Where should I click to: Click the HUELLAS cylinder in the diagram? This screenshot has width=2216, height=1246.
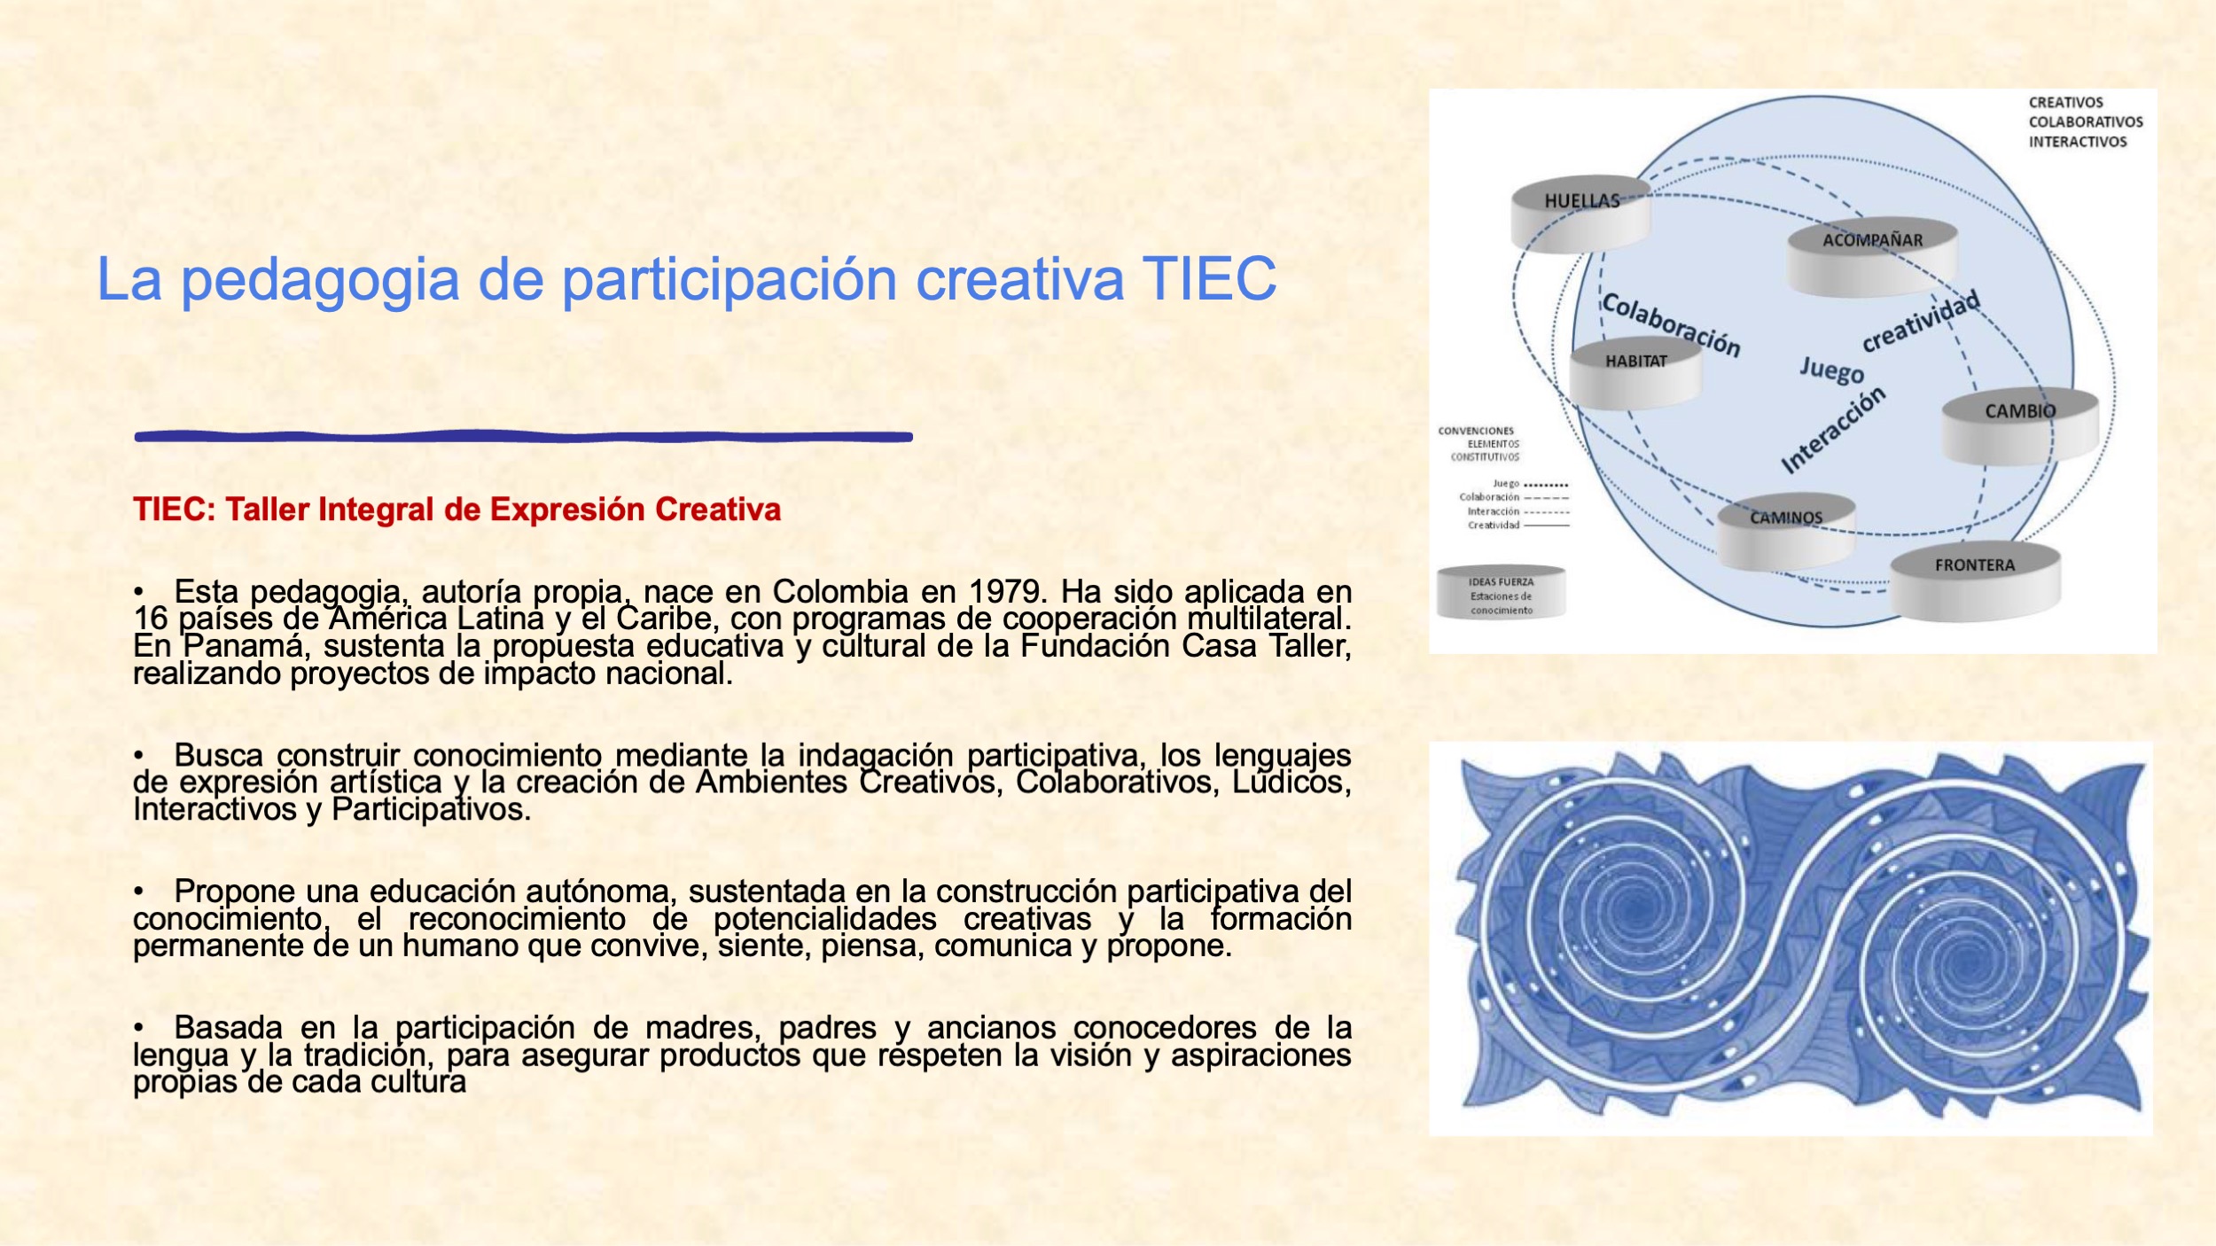pos(1580,214)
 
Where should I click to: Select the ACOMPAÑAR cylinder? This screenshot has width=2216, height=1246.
pos(1872,256)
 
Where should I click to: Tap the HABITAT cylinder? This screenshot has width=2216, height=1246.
pos(1635,374)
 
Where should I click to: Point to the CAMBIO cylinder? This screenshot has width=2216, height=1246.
pos(2020,425)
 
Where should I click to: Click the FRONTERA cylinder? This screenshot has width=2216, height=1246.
pos(1975,581)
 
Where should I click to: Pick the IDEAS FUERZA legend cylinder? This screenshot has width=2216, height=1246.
pos(1501,592)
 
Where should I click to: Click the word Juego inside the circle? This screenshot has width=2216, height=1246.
pos(1831,370)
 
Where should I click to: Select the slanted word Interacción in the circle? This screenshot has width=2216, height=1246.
pos(1833,430)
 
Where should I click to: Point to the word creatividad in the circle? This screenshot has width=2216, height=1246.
pos(1921,321)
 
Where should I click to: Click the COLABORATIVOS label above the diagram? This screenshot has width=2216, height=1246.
pos(2086,122)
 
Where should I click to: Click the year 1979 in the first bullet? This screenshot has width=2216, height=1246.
pos(1008,591)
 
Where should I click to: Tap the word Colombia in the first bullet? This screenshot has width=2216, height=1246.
pos(840,591)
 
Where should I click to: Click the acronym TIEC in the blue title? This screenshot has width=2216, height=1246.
pos(1209,278)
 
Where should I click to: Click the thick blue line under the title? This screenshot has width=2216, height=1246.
pos(524,436)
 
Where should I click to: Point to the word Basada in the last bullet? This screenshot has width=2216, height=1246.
pos(228,1027)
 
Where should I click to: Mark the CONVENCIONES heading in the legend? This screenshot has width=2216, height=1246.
pos(1476,431)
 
